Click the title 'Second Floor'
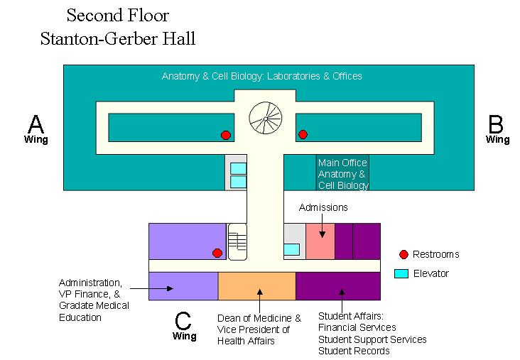118,15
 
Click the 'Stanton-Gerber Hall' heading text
117,38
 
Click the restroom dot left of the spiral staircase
226,135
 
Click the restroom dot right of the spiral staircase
303,134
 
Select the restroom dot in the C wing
217,253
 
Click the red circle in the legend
403,254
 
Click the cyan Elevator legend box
401,273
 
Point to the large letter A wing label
36,125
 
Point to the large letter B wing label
496,125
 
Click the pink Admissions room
320,241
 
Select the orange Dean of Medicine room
256,285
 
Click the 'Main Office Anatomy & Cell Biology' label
342,174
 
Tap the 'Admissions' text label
323,207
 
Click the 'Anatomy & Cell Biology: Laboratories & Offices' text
261,76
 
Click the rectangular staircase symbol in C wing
237,241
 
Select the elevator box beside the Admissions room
291,249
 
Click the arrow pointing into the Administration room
160,288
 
